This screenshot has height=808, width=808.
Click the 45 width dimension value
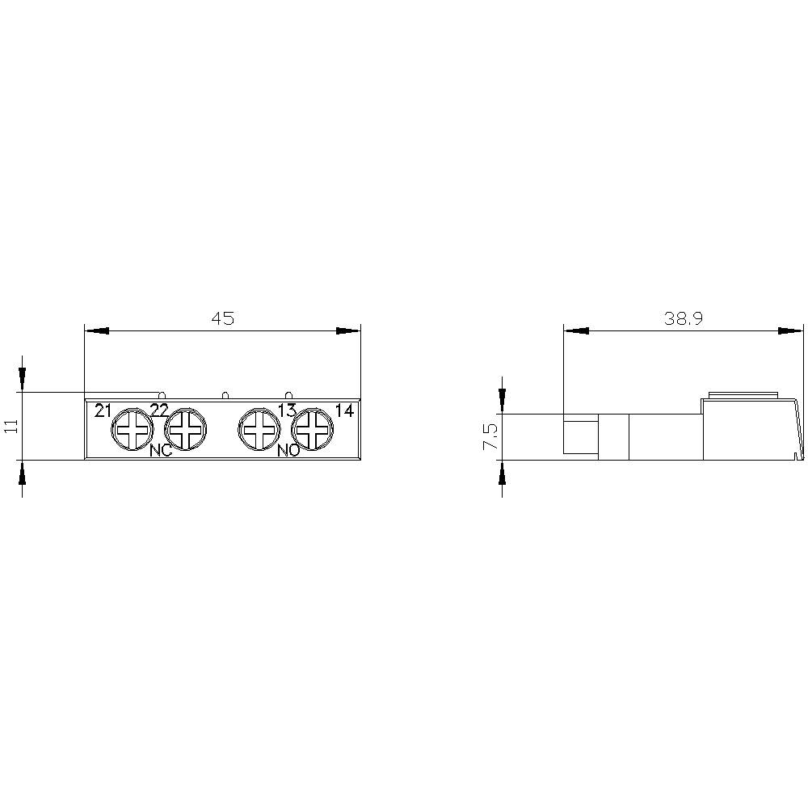[x=222, y=318]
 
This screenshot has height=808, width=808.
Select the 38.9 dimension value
[x=684, y=318]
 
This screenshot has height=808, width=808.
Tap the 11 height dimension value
[x=11, y=426]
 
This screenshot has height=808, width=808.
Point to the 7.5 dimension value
[x=490, y=437]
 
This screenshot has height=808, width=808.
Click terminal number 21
[x=102, y=410]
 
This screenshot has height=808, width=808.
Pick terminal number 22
[x=159, y=410]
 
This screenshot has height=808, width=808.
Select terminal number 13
[x=287, y=410]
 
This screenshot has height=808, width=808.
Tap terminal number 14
[x=344, y=410]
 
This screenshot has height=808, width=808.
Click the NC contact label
[x=161, y=451]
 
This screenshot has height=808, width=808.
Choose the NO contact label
[x=288, y=451]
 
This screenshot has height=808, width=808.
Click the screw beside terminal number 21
[x=132, y=429]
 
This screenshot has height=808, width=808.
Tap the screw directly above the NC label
[x=186, y=429]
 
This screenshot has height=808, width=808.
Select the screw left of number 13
[x=259, y=429]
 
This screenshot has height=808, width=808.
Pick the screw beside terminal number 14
[x=311, y=429]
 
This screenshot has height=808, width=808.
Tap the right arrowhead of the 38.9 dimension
[x=791, y=330]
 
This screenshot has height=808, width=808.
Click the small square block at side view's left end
[x=580, y=436]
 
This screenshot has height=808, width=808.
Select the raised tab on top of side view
[x=743, y=395]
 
